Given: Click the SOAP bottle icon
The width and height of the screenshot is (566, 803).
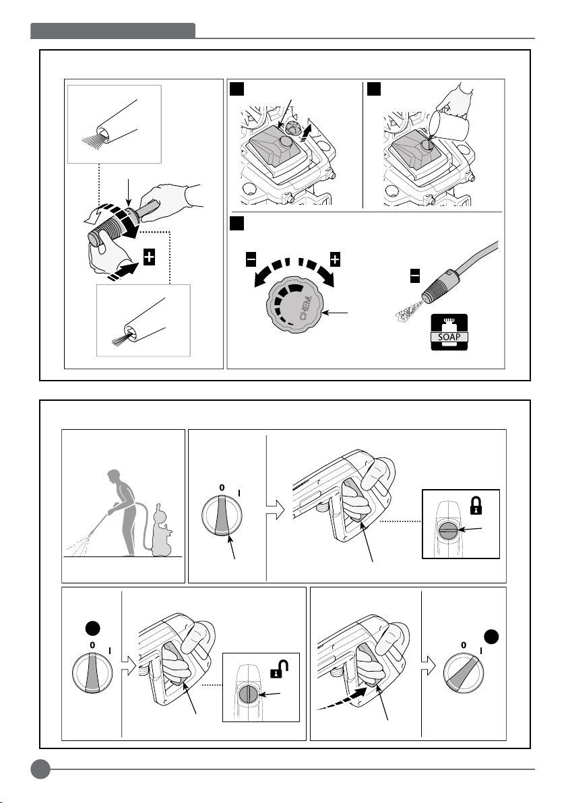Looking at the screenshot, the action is pyautogui.click(x=449, y=332).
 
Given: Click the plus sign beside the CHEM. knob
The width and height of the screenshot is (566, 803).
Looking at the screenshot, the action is pyautogui.click(x=334, y=259).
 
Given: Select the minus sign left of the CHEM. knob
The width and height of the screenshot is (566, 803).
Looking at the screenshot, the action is pyautogui.click(x=251, y=259).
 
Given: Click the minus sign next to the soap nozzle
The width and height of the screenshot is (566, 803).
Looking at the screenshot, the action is pyautogui.click(x=415, y=276).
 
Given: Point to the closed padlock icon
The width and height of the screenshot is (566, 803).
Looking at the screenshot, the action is pyautogui.click(x=476, y=506).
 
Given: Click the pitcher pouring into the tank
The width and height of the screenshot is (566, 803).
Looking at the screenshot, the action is pyautogui.click(x=449, y=127).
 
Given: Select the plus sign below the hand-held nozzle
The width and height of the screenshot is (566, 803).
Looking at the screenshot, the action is pyautogui.click(x=149, y=257).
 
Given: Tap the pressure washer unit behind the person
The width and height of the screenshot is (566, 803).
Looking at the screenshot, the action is pyautogui.click(x=161, y=531).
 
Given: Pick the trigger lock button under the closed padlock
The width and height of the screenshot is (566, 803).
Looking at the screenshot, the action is pyautogui.click(x=448, y=531).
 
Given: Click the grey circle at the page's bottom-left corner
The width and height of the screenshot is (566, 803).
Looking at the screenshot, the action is pyautogui.click(x=40, y=769).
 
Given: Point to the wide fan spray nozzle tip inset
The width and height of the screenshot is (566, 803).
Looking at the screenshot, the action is pyautogui.click(x=115, y=125).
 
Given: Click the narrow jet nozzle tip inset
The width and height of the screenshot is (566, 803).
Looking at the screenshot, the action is pyautogui.click(x=144, y=321).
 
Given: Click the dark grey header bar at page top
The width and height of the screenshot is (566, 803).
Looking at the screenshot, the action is pyautogui.click(x=113, y=31).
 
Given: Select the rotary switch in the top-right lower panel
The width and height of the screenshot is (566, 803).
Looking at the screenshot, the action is pyautogui.click(x=222, y=515).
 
